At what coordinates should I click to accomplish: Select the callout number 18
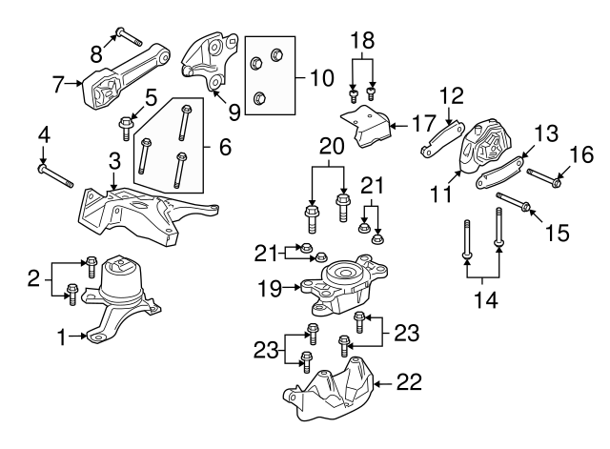point(363,41)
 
